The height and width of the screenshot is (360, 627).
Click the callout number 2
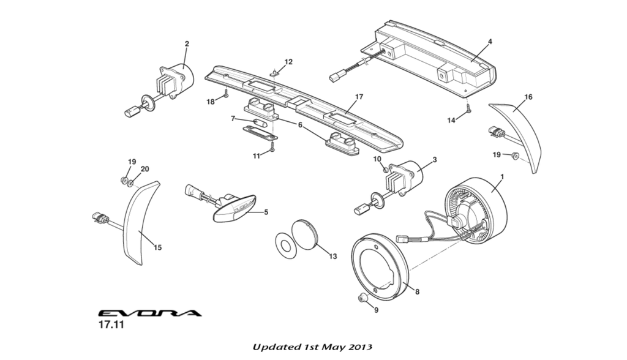[x=187, y=43]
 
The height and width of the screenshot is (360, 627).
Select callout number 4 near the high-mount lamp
[x=490, y=42]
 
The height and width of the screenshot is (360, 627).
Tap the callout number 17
[x=359, y=97]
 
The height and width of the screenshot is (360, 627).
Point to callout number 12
[x=288, y=62]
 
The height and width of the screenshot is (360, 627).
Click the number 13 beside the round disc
[x=333, y=257]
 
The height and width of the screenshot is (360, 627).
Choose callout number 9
[x=376, y=310]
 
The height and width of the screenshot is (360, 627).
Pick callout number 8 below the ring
[x=418, y=292]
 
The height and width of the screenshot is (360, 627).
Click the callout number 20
[x=145, y=169]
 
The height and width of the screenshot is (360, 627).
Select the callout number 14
[x=451, y=121]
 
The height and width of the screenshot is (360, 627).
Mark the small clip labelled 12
[x=276, y=73]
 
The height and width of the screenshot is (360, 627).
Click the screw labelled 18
[x=226, y=94]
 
